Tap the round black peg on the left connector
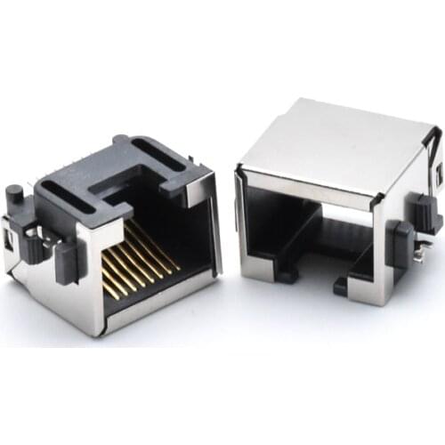pyautogui.click(x=14, y=193)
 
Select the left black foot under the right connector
pyautogui.click(x=287, y=272)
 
